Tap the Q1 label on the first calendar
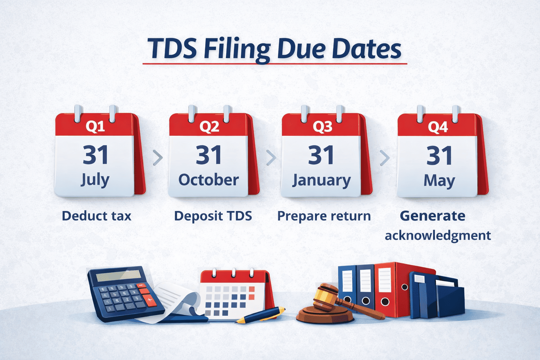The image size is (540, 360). (x=95, y=126)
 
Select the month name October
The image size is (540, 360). (x=208, y=180)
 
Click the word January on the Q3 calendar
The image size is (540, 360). (x=321, y=181)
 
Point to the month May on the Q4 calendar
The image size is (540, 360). (x=439, y=181)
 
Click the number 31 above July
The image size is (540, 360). (x=95, y=155)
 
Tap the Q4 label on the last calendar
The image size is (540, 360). (x=438, y=127)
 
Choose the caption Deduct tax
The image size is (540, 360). (x=96, y=216)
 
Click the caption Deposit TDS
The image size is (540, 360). (x=213, y=216)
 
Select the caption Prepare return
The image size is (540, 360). (x=324, y=216)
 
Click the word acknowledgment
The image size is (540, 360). (x=438, y=236)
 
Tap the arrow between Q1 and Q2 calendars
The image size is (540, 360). (x=158, y=157)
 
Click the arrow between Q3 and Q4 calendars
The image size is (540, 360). (x=385, y=158)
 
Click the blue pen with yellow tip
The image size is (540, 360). (x=262, y=315)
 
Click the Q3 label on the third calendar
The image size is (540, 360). (x=322, y=127)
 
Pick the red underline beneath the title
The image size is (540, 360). (x=275, y=64)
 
